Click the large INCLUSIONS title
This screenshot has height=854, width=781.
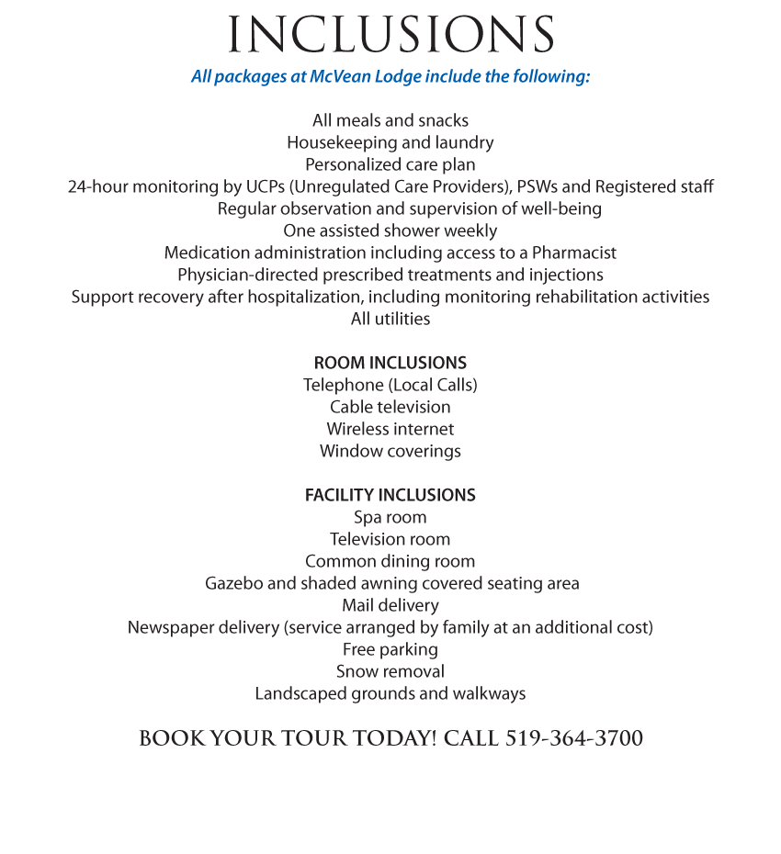click(x=390, y=35)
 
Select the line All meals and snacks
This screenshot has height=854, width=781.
click(x=390, y=120)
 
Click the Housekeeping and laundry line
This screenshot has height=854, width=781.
click(x=390, y=142)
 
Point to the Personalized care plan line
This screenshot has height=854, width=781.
click(x=390, y=164)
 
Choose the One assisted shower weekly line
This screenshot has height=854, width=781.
click(x=390, y=230)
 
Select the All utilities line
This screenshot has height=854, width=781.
click(x=390, y=319)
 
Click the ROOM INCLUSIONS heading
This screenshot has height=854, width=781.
click(x=390, y=363)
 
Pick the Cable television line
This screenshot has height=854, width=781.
click(x=390, y=407)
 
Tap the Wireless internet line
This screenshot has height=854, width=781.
click(x=390, y=429)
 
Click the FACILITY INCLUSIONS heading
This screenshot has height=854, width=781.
click(x=390, y=495)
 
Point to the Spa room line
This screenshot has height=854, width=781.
click(x=390, y=517)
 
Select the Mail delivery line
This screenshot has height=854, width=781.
click(x=390, y=605)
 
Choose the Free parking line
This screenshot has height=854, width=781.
click(x=390, y=649)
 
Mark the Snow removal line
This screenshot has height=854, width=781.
click(x=390, y=671)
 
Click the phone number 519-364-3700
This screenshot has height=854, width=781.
click(x=574, y=738)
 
